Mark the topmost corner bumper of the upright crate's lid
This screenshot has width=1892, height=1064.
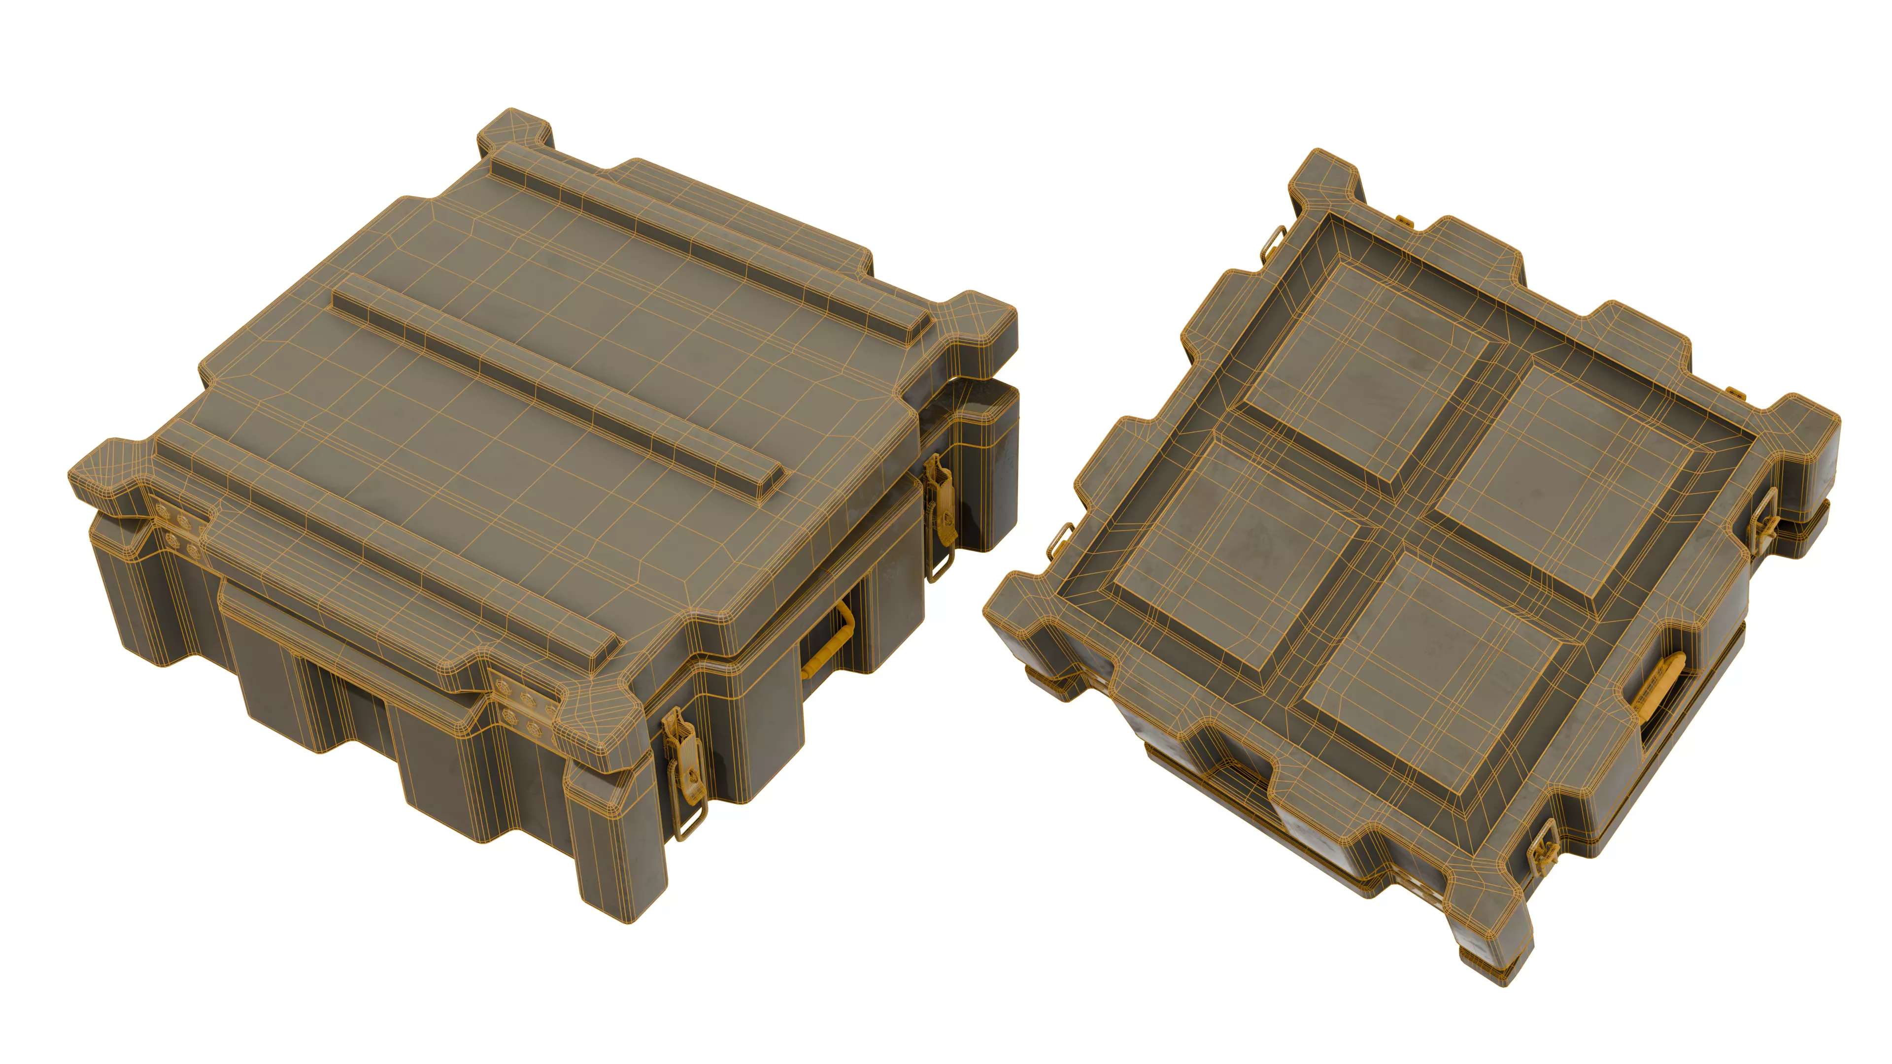pos(514,136)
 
